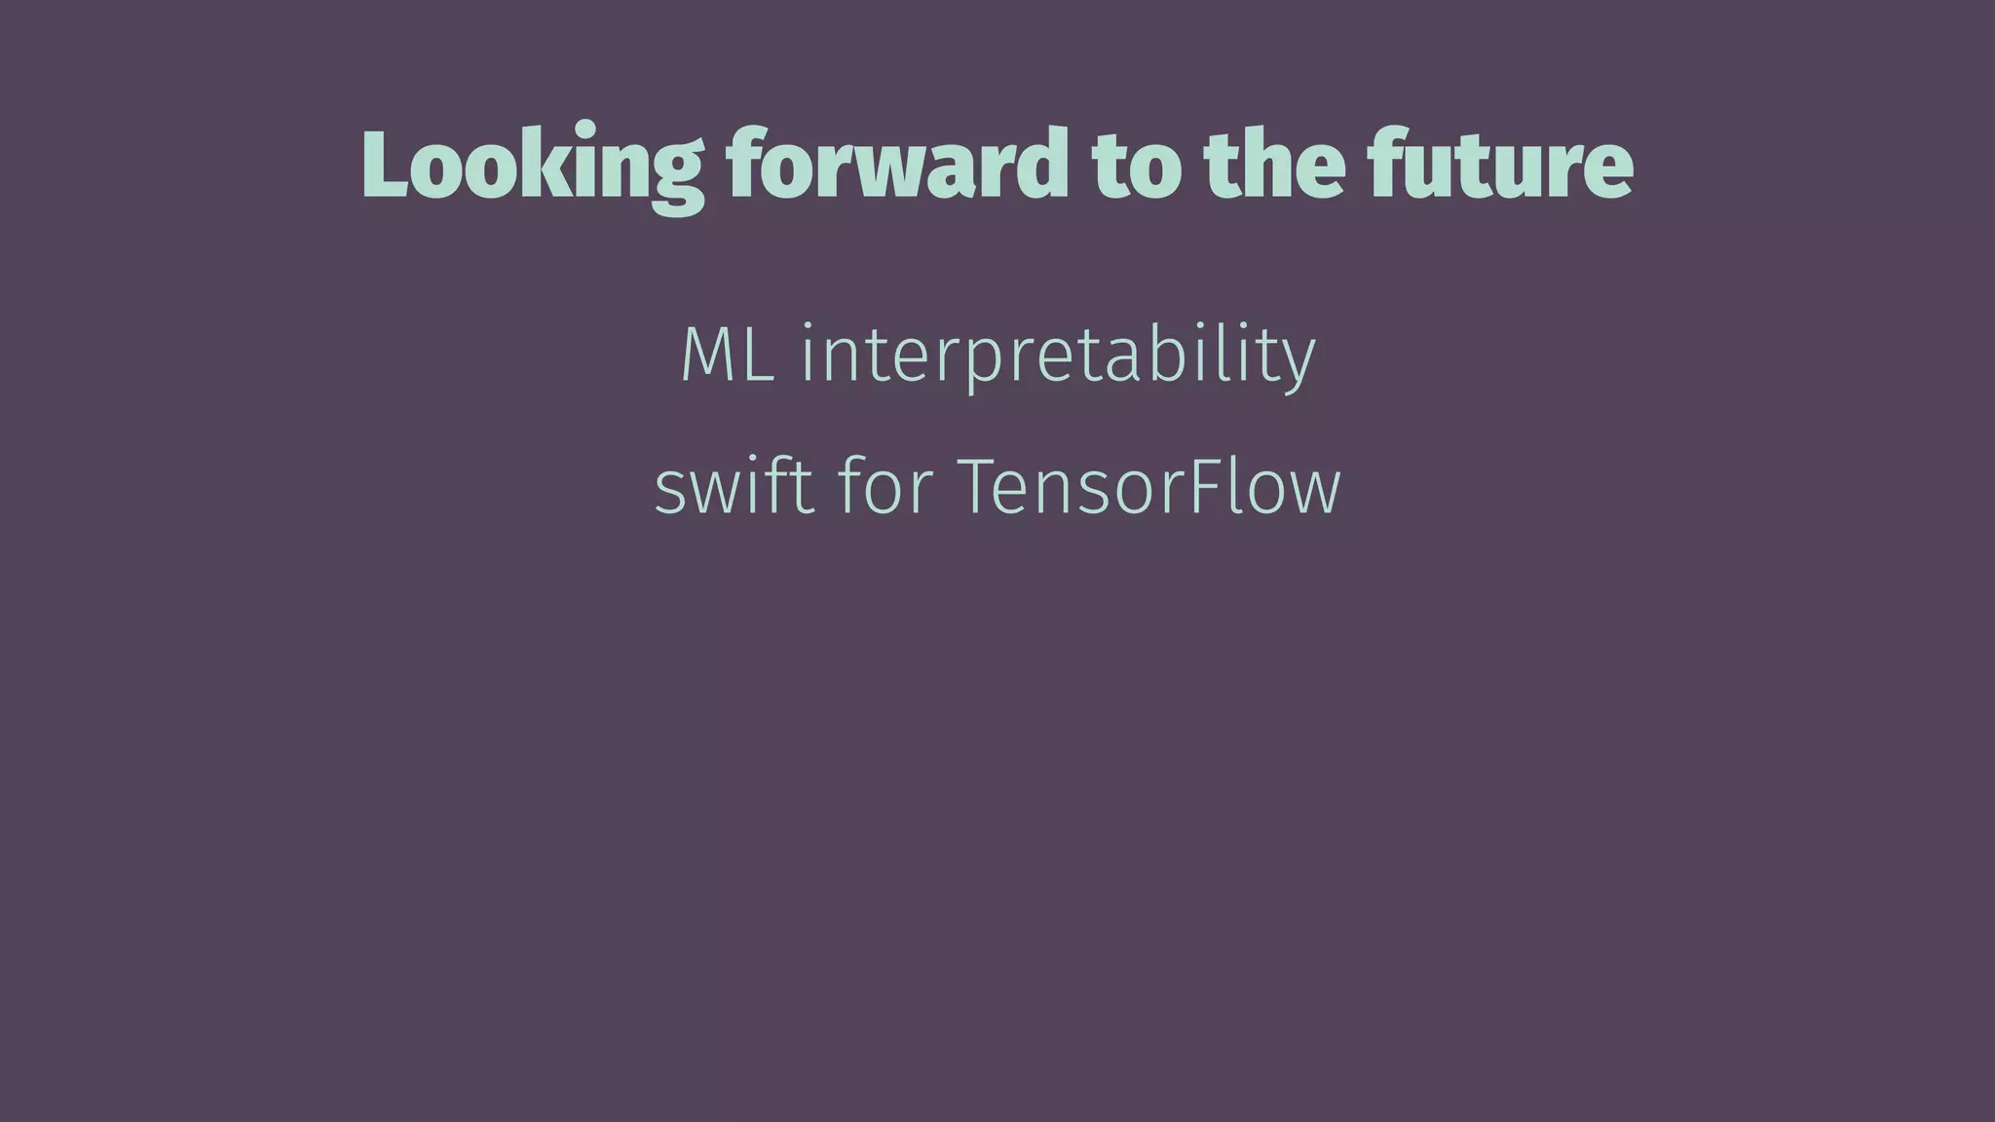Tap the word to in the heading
[1135, 166]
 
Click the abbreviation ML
[728, 354]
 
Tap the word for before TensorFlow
[885, 486]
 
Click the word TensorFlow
[1150, 486]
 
